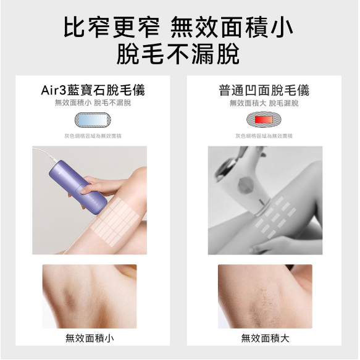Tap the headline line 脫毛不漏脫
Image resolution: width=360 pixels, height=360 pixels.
[179, 56]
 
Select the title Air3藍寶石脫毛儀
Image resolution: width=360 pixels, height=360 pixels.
[93, 90]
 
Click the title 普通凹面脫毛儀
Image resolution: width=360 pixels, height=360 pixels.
[264, 90]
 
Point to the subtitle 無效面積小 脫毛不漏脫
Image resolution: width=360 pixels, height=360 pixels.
[93, 103]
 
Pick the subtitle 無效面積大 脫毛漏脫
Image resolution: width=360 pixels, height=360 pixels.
[264, 103]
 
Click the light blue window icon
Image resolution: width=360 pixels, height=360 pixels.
[93, 119]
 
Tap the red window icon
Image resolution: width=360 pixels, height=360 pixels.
[264, 119]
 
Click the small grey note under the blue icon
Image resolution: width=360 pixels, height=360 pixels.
[93, 135]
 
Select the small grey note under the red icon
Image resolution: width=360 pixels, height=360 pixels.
[264, 135]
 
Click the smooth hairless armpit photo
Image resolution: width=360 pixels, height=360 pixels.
[89, 295]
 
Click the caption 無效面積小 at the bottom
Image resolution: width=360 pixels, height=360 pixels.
[90, 338]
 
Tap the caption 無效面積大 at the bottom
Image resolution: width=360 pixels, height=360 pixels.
[265, 338]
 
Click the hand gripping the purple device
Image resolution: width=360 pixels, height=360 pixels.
[99, 185]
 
